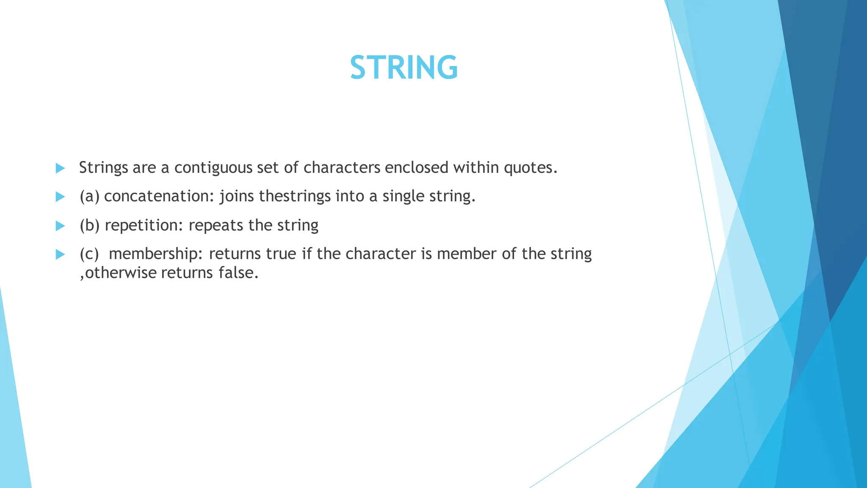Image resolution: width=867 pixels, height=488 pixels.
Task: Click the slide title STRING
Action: [404, 68]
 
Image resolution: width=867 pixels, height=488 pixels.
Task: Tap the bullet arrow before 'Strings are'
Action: [60, 168]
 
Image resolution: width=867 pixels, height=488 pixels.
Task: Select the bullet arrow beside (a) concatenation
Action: [60, 197]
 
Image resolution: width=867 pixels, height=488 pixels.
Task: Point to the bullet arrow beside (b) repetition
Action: [60, 226]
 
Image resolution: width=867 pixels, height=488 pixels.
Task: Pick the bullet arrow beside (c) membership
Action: [60, 254]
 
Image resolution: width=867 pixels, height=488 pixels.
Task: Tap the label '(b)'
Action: [89, 225]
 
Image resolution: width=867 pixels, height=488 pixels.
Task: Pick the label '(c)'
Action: [89, 254]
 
